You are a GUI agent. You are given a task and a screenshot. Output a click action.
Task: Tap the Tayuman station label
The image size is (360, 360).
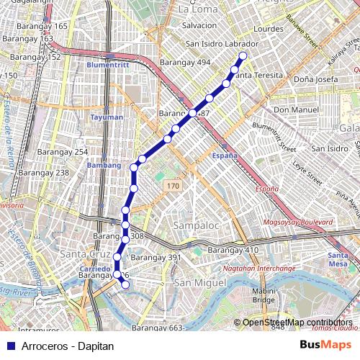[x=107, y=117]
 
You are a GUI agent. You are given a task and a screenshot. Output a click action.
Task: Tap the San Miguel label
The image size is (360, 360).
[x=196, y=282]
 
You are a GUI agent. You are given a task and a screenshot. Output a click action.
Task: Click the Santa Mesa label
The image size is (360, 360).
[x=338, y=259]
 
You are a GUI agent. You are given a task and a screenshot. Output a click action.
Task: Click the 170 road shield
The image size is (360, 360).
[x=171, y=186]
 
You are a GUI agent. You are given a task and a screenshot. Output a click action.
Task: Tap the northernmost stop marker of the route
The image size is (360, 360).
[x=243, y=55]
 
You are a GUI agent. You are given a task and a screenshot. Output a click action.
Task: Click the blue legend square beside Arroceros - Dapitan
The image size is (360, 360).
[x=8, y=346]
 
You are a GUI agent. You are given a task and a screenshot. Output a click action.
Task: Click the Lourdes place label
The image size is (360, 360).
[x=269, y=30]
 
